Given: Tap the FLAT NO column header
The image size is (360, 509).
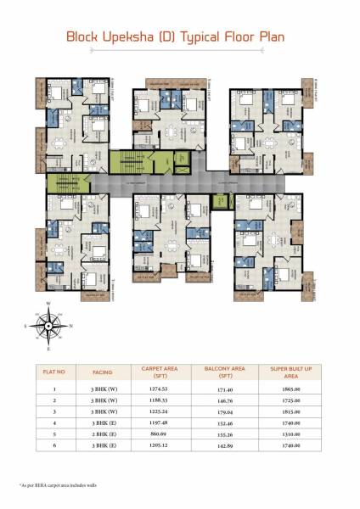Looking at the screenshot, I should [55, 372].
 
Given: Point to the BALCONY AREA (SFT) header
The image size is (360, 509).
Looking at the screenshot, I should [225, 372].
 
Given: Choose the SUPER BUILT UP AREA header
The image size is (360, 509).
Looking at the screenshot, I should [294, 372].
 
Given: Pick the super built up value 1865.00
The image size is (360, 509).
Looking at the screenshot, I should [294, 389].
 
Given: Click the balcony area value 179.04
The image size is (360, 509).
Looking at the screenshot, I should [225, 411].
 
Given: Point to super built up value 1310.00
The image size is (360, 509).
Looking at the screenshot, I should [294, 433].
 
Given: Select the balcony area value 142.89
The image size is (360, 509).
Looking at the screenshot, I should [225, 445].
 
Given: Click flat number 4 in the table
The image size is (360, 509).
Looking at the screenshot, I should [55, 422].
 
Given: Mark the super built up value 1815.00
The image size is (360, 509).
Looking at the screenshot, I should [294, 411].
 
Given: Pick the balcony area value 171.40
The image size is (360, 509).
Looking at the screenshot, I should [225, 389].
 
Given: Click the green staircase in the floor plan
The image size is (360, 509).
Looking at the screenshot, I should [130, 162].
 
